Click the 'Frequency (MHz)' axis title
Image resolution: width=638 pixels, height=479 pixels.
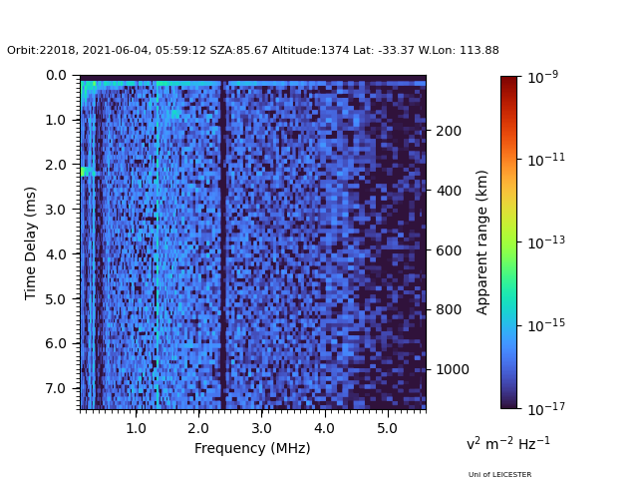252,448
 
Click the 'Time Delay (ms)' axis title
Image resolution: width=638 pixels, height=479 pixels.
31,242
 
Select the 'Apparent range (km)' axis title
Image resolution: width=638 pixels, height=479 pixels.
482,241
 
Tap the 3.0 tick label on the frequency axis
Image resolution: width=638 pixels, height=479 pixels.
261,428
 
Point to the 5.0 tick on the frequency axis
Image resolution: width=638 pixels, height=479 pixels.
387,428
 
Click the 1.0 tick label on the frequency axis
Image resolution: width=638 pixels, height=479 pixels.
136,428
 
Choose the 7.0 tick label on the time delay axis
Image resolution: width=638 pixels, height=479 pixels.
56,388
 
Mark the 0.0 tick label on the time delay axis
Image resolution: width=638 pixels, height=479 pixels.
56,75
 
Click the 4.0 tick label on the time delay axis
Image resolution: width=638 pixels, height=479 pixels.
56,254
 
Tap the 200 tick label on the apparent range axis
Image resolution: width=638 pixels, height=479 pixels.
448,131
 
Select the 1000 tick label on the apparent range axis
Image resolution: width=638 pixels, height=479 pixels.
451,369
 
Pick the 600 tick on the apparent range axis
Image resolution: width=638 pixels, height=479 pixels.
448,250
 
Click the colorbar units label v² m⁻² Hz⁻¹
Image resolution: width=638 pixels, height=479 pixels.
507,443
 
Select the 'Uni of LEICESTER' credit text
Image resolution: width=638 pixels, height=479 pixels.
499,475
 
